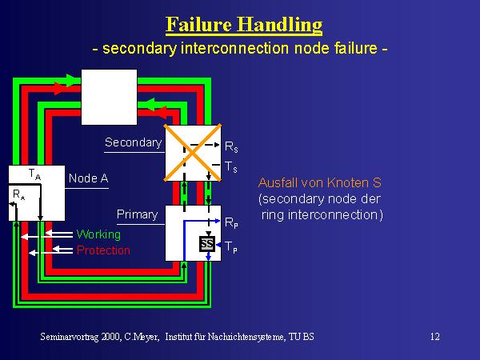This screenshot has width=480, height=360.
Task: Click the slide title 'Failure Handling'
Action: (244, 24)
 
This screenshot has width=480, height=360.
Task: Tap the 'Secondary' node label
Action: (133, 143)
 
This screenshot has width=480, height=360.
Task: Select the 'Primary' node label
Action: (137, 215)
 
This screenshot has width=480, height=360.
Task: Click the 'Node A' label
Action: (88, 178)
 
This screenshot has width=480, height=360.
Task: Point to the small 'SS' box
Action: (206, 243)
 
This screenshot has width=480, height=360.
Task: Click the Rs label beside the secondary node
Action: (230, 148)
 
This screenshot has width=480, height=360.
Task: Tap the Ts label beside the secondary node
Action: (230, 167)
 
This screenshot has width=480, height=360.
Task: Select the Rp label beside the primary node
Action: (230, 222)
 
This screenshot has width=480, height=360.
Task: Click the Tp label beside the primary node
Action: (230, 246)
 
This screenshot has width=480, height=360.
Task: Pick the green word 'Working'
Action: (98, 234)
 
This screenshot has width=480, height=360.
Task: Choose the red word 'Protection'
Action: (103, 250)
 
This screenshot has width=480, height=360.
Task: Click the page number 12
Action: (434, 337)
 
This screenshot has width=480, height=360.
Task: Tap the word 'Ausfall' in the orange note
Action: (278, 182)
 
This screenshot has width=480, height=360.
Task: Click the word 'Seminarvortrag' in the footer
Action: (71, 337)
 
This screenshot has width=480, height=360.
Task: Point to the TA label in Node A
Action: (34, 174)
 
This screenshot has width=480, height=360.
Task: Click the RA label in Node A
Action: (18, 194)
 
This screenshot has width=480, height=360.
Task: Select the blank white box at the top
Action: (110, 96)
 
